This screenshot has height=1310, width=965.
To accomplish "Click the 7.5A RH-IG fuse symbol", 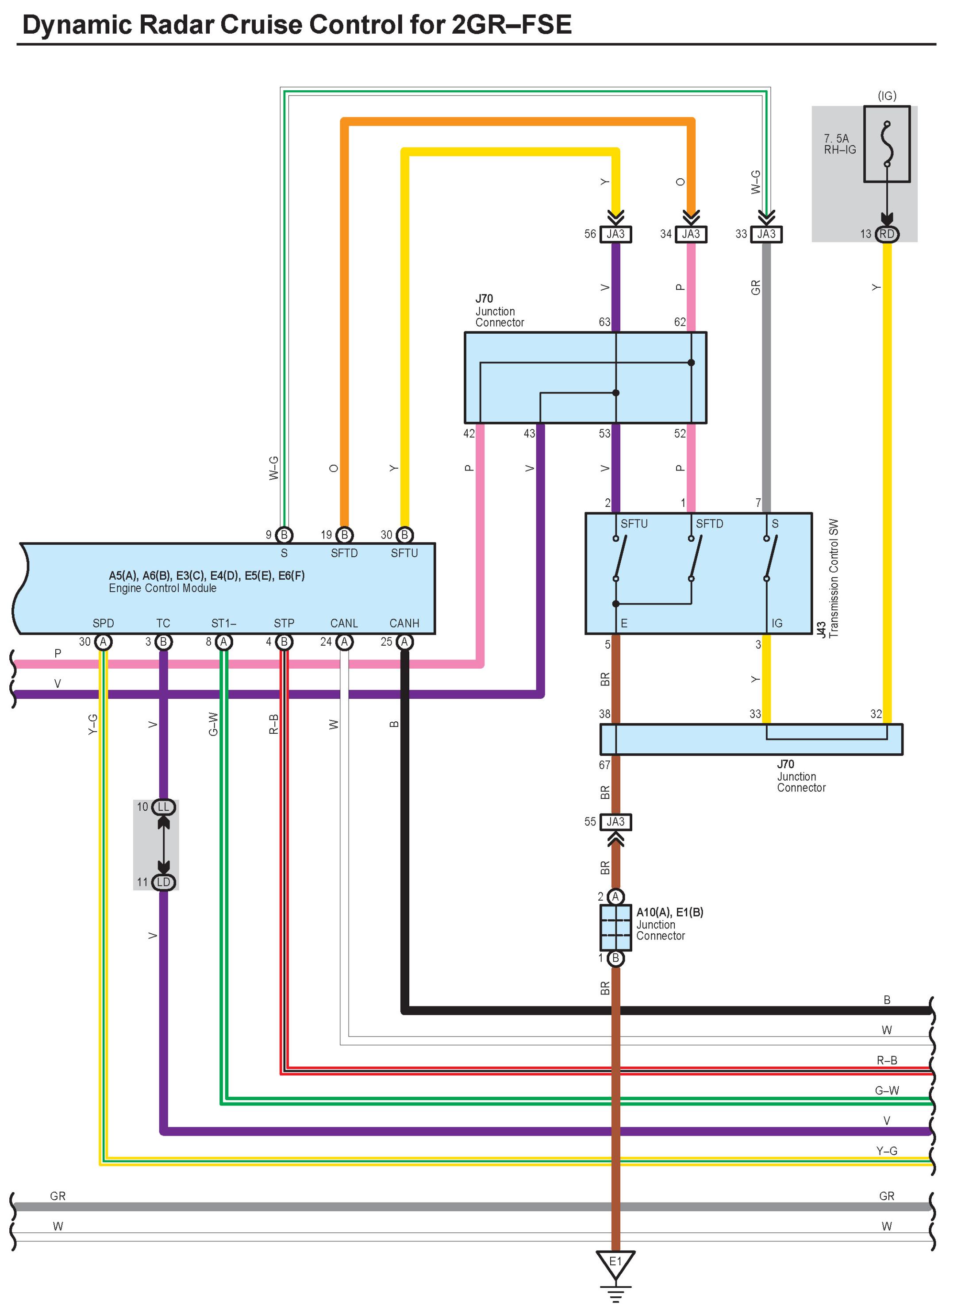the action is [887, 144].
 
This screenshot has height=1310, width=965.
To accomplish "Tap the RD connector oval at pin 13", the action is [887, 234].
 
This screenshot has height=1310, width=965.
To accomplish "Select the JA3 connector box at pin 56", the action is [616, 234].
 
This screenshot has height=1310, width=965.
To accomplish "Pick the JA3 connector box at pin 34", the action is [691, 234].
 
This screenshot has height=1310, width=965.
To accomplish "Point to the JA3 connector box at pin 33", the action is [766, 234].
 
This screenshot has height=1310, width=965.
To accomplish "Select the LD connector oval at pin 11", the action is [164, 882].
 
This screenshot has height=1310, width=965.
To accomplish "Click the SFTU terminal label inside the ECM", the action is [404, 553].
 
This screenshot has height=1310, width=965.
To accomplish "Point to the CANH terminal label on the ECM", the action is [404, 624].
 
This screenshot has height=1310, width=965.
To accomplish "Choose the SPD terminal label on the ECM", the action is [104, 624].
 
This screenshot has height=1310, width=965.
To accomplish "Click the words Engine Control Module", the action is [162, 588].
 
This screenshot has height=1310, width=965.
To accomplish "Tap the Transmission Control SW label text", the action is [834, 578].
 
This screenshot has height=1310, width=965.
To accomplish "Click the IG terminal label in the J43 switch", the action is [777, 624].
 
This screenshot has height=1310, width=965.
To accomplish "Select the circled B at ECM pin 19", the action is [345, 535].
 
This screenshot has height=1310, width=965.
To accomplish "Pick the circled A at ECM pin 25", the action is [404, 642].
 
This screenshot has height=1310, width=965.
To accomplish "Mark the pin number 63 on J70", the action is [604, 322].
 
